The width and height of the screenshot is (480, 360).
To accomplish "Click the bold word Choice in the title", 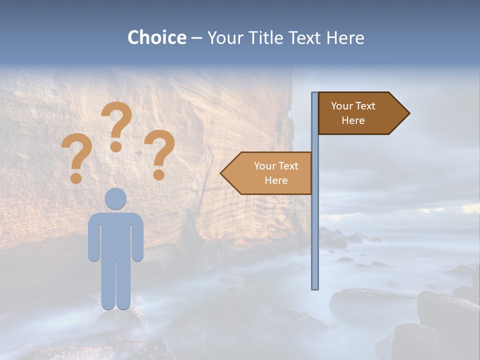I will point(156,37).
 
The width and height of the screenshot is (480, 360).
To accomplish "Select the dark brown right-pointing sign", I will point(355,113).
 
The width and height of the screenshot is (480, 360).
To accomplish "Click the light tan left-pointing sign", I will point(272,173).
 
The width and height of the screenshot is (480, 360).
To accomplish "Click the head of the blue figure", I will point(116,198).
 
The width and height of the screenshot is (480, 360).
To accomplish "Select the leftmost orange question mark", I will point(76,155).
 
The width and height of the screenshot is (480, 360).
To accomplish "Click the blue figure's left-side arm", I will point(94,237).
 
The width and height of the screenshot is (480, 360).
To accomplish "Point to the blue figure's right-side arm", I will point(137,237).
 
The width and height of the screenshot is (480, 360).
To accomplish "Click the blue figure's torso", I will point(116,235).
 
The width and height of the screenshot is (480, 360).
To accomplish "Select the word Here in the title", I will point(345,37).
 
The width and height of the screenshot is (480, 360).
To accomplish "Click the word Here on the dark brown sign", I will point(353,120).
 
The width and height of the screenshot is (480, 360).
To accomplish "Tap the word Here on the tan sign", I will point(276,180).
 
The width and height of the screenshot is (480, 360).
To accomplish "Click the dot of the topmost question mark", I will point(116,146).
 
